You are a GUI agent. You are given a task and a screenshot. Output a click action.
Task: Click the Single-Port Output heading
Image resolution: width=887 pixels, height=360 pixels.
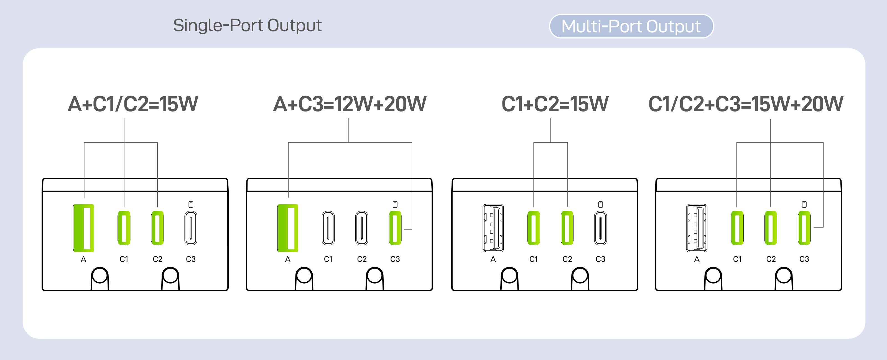247,25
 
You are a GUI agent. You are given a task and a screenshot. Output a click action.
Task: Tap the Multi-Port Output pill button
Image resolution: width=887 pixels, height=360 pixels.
631,26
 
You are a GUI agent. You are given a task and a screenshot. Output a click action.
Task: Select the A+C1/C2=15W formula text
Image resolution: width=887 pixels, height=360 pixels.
133,104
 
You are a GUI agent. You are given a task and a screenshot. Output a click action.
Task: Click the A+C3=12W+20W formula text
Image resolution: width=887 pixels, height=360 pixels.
350,104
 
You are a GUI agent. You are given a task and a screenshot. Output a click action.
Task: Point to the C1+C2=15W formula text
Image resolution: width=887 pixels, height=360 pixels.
555,104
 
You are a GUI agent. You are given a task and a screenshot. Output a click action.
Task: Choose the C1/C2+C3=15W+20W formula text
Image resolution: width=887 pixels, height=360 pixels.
746,104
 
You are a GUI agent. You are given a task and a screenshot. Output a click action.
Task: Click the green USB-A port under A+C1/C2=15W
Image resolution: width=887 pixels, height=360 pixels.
83,228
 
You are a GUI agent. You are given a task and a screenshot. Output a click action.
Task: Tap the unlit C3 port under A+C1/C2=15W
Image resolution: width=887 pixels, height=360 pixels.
191,228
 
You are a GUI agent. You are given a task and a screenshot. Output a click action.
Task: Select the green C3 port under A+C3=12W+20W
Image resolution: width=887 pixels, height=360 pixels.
395,228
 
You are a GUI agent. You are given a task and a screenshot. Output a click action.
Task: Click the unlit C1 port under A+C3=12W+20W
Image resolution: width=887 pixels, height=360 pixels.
328,228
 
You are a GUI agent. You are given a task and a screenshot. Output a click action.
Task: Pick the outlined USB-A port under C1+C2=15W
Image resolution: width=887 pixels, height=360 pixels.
493,228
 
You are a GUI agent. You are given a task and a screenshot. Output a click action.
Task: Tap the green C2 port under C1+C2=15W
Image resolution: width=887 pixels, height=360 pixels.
567,228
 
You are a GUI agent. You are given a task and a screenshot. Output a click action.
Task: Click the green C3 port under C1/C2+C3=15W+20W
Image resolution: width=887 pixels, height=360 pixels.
804,228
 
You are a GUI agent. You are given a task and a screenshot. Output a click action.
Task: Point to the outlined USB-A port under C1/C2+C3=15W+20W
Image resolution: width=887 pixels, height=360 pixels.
697,228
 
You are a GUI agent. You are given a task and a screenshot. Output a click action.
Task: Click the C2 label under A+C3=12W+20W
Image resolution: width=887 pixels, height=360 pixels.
361,259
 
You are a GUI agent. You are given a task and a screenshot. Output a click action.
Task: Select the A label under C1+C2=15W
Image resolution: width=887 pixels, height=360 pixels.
493,259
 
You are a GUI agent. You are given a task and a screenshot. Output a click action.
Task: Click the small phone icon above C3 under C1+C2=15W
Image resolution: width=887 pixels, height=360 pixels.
600,204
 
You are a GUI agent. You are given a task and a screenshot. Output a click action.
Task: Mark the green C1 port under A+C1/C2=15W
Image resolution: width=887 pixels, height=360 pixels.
124,228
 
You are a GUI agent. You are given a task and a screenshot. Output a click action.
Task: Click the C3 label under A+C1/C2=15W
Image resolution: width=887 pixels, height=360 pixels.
191,259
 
